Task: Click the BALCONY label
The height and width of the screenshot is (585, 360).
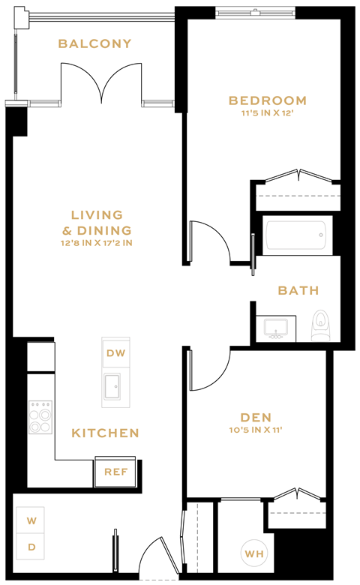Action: (x=94, y=43)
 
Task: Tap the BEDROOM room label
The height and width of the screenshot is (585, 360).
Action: (x=268, y=100)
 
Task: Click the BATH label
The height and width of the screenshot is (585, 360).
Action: (x=298, y=290)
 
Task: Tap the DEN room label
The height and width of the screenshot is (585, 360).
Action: (x=256, y=417)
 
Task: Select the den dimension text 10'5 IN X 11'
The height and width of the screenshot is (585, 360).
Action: (x=256, y=430)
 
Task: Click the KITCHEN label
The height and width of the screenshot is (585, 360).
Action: (x=105, y=433)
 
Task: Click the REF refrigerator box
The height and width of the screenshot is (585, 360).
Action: (x=115, y=472)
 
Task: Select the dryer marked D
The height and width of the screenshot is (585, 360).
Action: (x=31, y=547)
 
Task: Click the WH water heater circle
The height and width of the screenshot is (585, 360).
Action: (x=253, y=554)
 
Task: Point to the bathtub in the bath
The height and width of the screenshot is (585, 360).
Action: (x=297, y=235)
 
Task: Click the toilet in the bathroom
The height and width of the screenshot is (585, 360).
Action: (x=321, y=324)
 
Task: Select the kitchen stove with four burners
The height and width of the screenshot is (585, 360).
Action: (x=40, y=418)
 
